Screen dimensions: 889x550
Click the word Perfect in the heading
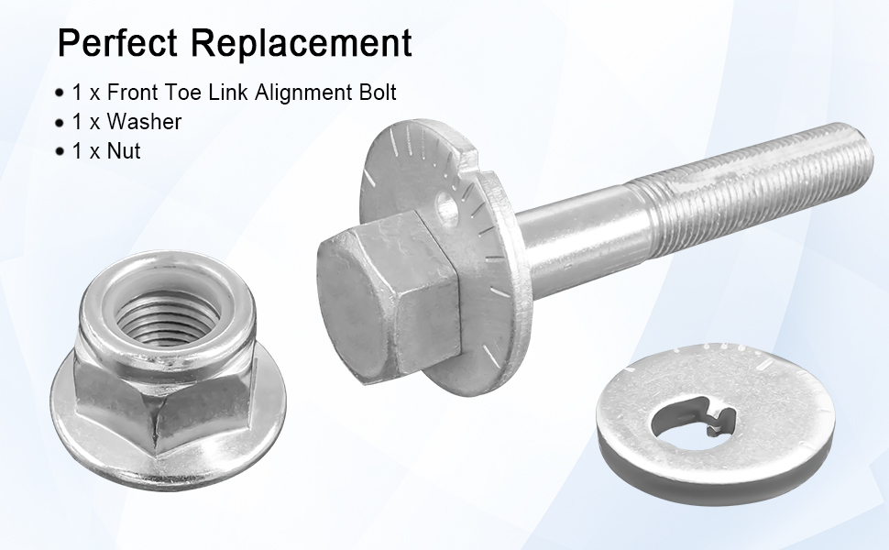(117, 42)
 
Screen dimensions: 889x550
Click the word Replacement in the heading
(301, 42)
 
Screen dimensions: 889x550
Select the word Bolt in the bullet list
(377, 92)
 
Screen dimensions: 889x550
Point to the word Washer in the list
(144, 121)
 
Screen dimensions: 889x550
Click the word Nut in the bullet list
(124, 151)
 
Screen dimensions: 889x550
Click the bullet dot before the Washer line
(60, 123)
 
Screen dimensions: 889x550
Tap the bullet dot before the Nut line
(60, 152)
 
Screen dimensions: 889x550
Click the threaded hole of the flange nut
(167, 316)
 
